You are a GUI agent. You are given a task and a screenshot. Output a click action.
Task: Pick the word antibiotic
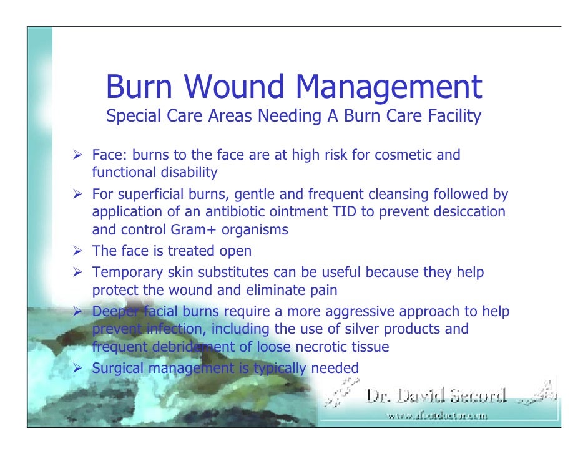coord(243,211)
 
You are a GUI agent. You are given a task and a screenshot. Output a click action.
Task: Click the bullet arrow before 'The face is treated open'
coord(79,251)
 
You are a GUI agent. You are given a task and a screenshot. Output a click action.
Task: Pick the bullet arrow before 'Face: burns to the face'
coord(79,155)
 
